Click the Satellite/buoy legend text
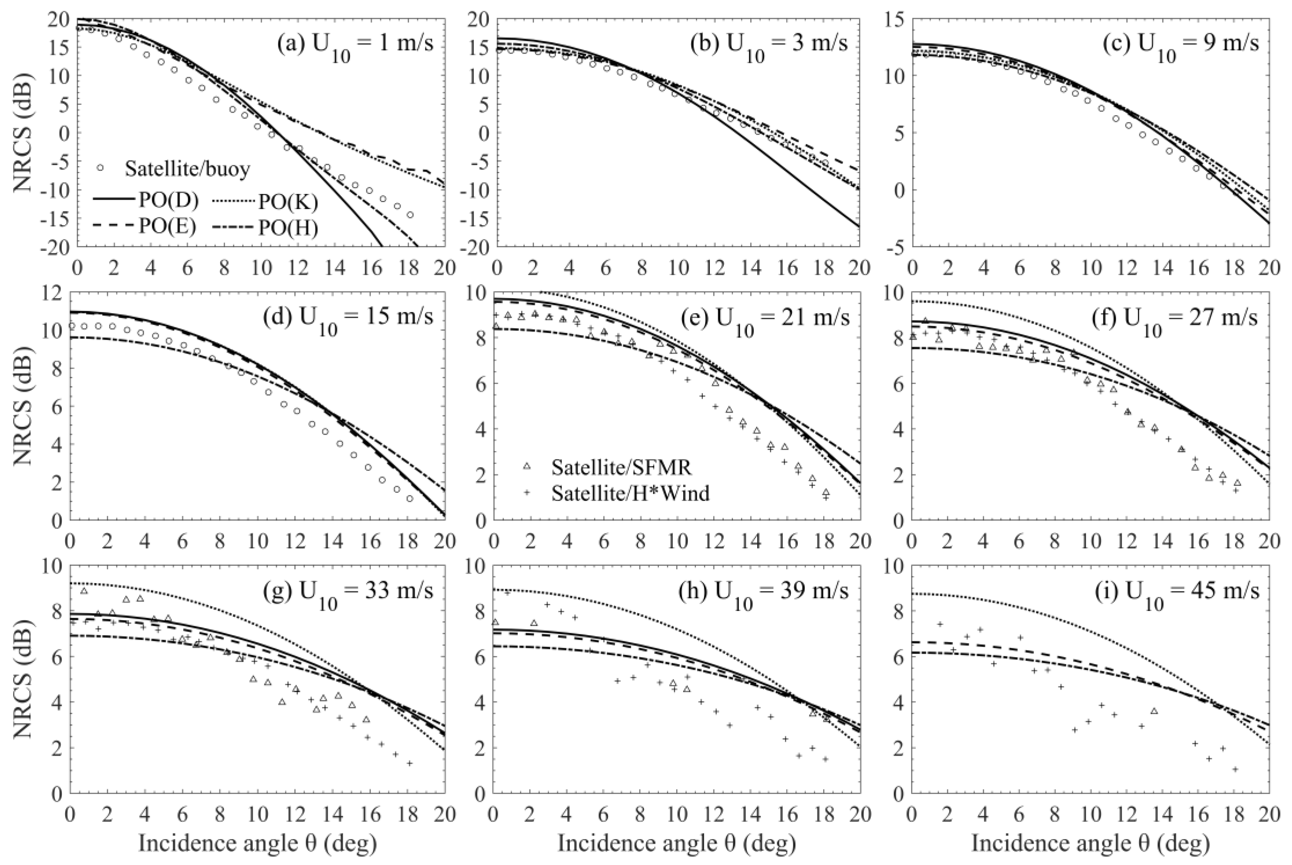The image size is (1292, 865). tap(187, 169)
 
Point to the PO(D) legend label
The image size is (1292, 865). tap(168, 200)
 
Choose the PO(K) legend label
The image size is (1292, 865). tap(288, 202)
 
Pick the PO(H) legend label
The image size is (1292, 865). tap(288, 228)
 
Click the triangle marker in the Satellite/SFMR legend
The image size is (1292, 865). tap(527, 467)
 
